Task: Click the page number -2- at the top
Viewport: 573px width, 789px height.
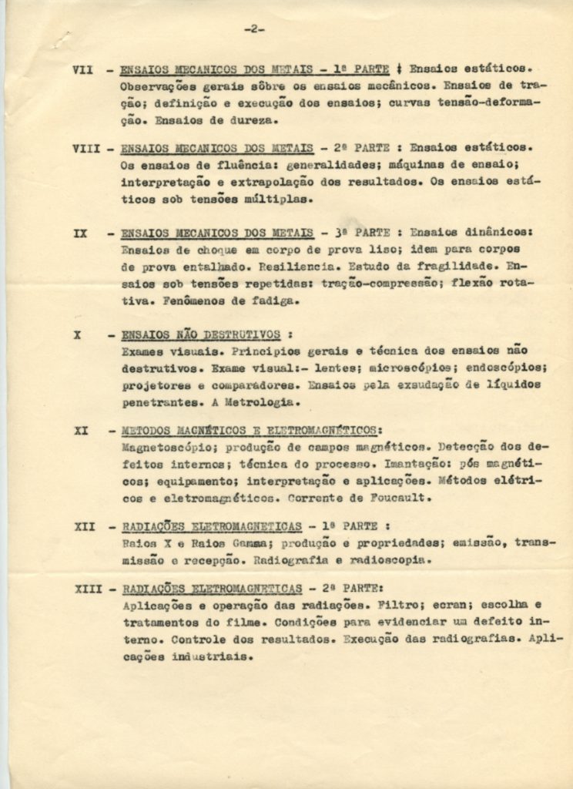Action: pyautogui.click(x=254, y=29)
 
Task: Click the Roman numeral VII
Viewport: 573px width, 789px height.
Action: pyautogui.click(x=82, y=69)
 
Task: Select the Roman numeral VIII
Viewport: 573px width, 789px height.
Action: pyautogui.click(x=87, y=147)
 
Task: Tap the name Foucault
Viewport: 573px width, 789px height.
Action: pyautogui.click(x=397, y=498)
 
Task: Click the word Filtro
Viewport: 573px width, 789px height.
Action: pyautogui.click(x=372, y=606)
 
